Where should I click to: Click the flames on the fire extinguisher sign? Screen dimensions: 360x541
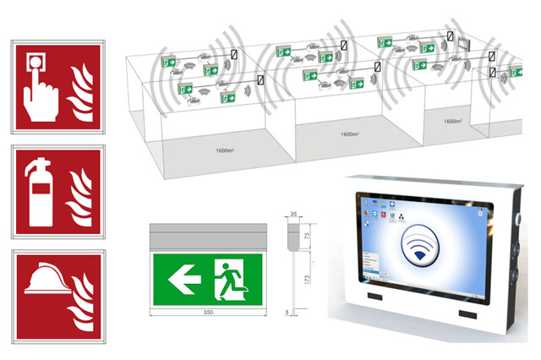pos(80,194)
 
